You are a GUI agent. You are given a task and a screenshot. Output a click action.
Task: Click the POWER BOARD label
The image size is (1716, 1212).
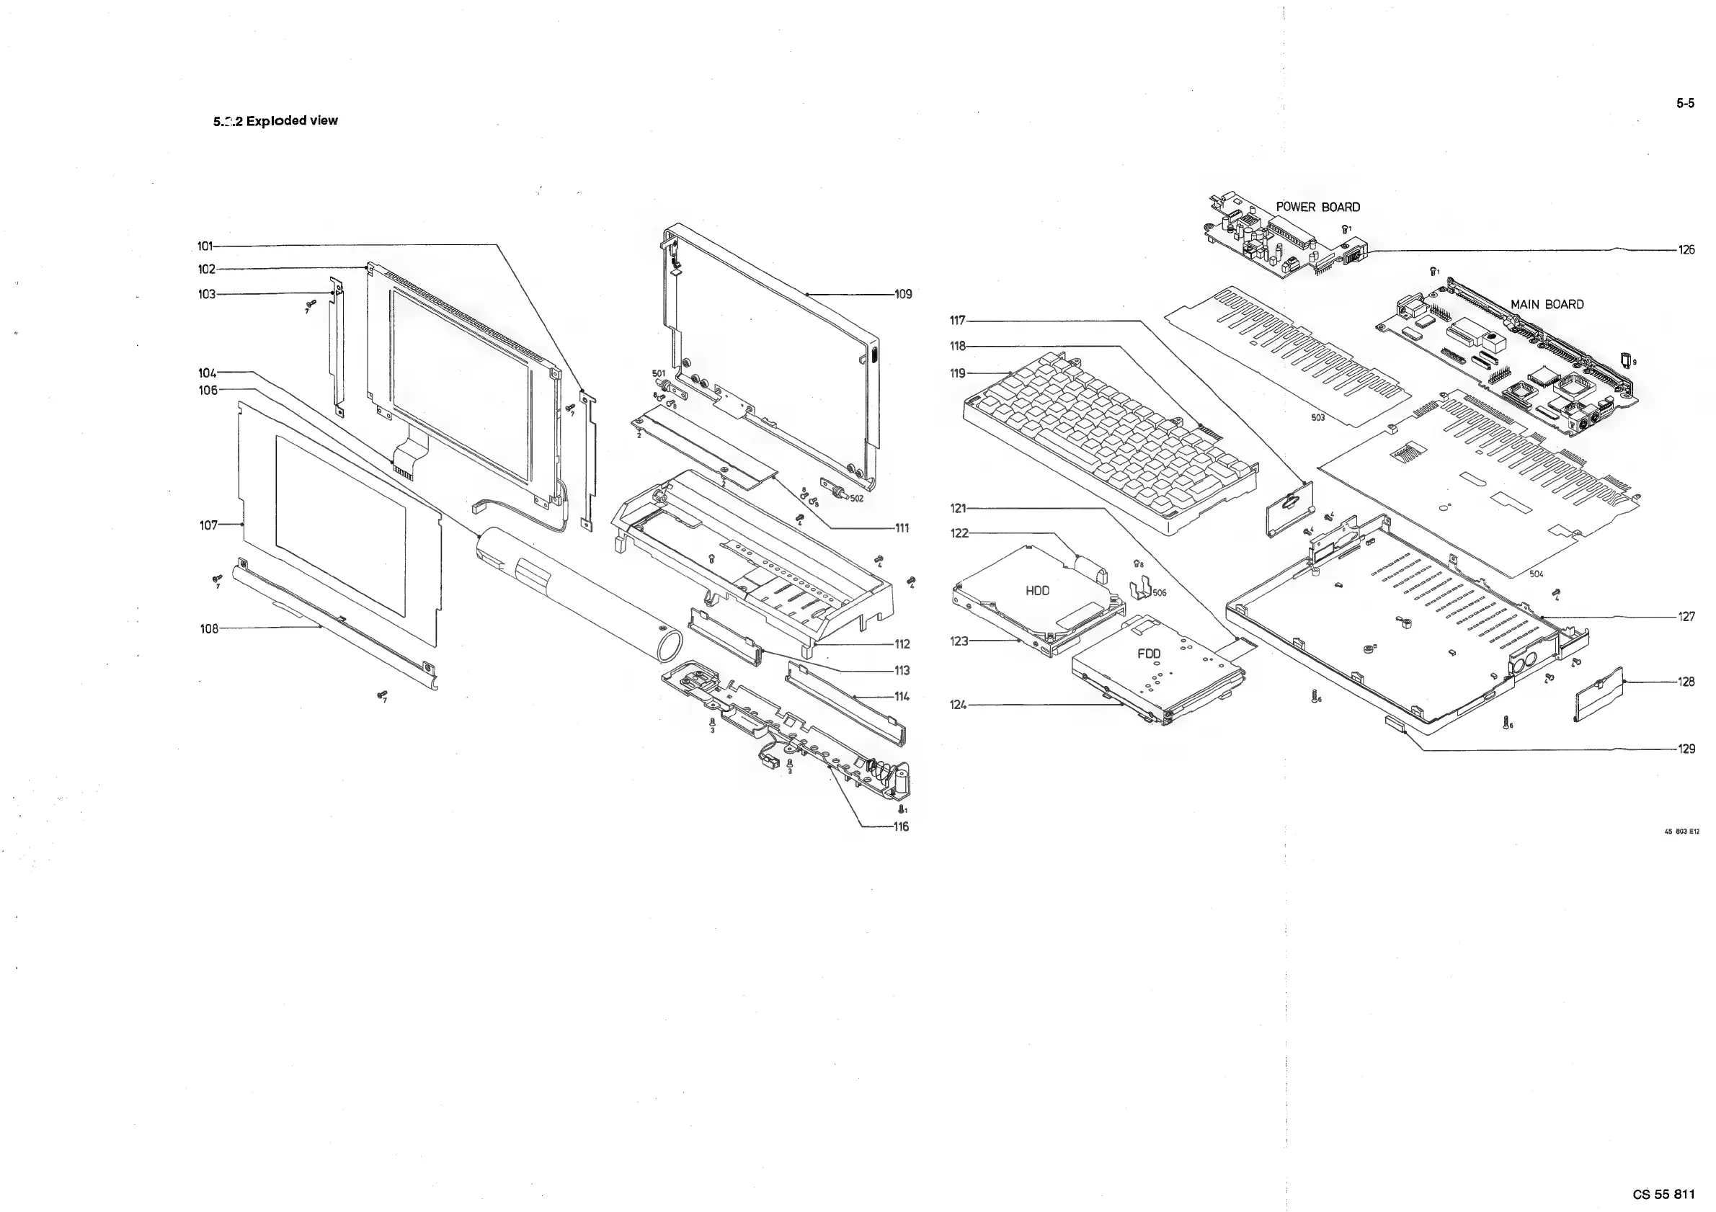click(1317, 207)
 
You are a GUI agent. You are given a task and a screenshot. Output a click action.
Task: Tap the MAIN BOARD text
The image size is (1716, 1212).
click(1547, 304)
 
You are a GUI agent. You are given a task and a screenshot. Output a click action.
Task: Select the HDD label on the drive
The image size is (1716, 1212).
click(1037, 591)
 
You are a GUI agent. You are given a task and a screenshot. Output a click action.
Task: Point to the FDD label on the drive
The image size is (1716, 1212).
click(1149, 654)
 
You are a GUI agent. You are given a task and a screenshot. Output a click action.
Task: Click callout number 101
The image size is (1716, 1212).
click(205, 246)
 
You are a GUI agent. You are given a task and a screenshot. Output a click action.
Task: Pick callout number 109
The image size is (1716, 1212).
click(904, 295)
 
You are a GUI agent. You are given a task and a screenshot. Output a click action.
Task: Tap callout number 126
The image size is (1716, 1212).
click(1687, 250)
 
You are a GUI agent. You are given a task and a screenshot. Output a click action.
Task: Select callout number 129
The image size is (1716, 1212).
click(1687, 749)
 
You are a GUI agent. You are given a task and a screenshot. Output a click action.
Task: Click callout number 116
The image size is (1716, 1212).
click(902, 826)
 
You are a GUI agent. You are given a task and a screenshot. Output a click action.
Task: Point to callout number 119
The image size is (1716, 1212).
click(958, 373)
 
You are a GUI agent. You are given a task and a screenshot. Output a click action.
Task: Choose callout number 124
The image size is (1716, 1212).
click(958, 705)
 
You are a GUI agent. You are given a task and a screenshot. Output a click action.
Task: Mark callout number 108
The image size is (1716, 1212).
click(209, 629)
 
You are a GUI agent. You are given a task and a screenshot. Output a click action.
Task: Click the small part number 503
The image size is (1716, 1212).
click(1317, 418)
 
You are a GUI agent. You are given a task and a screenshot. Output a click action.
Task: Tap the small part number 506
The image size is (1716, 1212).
click(1159, 593)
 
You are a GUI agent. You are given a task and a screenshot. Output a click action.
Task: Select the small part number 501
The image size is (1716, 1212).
click(659, 373)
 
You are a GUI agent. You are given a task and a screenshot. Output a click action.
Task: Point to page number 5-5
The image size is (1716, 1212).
click(1685, 104)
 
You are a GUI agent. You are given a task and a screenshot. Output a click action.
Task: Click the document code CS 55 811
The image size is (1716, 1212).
click(1663, 1194)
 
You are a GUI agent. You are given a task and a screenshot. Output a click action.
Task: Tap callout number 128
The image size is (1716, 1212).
click(1687, 682)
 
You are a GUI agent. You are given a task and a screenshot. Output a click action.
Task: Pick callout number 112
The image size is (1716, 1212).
click(902, 644)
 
